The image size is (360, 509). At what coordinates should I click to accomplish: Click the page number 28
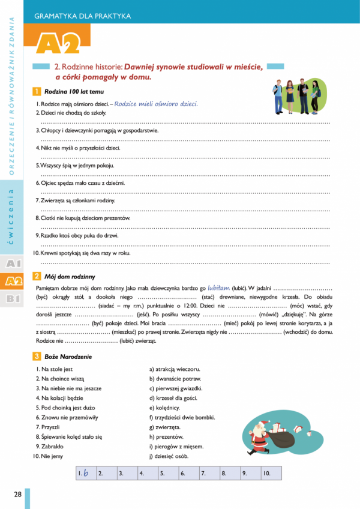(x=17, y=494)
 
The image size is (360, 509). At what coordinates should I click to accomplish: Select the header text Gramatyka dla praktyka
(x=82, y=16)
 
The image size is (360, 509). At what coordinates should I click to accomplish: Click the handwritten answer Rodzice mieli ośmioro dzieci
(x=156, y=104)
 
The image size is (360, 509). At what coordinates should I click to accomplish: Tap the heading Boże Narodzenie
(x=68, y=357)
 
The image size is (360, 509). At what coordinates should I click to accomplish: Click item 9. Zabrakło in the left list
(x=53, y=447)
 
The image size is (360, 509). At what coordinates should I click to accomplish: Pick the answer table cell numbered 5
(x=168, y=473)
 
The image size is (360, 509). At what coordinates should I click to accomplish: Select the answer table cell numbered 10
(x=270, y=473)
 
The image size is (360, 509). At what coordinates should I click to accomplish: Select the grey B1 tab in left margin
(x=13, y=298)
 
